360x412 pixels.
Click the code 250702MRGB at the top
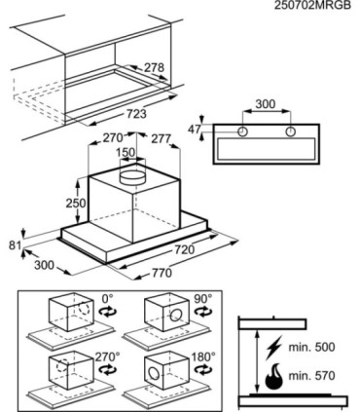[x=312, y=6]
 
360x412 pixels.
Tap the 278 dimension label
[x=154, y=68]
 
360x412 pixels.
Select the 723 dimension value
[x=136, y=114]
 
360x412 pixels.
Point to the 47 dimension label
[x=195, y=130]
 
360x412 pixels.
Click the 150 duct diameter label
[x=126, y=152]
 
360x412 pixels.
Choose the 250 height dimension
[x=76, y=204]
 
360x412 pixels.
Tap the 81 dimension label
[x=15, y=245]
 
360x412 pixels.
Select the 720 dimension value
[x=185, y=249]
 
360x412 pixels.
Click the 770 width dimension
[x=162, y=273]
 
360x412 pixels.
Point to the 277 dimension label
[x=161, y=139]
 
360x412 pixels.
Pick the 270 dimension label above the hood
[x=113, y=137]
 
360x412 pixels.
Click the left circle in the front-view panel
[x=242, y=131]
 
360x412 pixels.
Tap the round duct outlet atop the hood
[x=133, y=177]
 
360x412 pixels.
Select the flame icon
[x=273, y=377]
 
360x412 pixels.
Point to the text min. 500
[x=311, y=347]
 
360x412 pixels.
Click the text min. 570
[x=311, y=376]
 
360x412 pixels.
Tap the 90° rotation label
[x=202, y=299]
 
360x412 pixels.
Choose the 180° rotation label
[x=203, y=357]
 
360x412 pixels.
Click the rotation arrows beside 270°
[x=107, y=370]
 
